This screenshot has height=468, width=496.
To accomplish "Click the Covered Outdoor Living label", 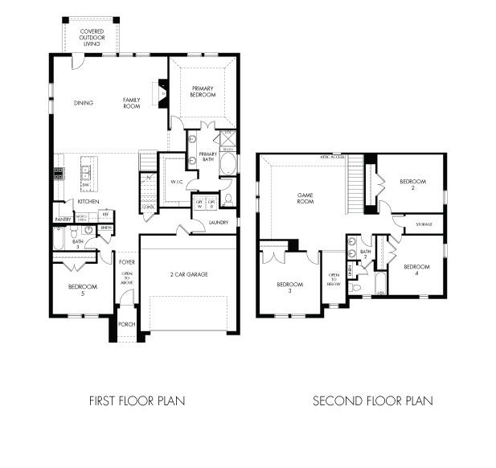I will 91,38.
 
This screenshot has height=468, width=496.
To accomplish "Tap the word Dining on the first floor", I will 84,102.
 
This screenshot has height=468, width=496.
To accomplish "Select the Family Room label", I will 131,102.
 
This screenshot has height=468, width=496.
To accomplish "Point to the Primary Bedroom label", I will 203,91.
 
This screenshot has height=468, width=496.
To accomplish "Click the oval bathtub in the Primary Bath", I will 228,165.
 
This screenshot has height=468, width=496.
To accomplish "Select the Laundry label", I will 218,223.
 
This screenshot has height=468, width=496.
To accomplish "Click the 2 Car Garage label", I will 189,274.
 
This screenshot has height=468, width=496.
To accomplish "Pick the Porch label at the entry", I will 126,325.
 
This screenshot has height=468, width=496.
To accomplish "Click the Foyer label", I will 127,262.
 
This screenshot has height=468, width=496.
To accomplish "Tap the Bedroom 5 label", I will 83,289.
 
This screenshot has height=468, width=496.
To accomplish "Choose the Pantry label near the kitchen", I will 63,219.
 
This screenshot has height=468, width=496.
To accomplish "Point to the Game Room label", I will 305,198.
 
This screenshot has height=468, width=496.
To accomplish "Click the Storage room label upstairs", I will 424,224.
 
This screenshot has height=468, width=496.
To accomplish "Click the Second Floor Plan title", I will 372,400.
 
